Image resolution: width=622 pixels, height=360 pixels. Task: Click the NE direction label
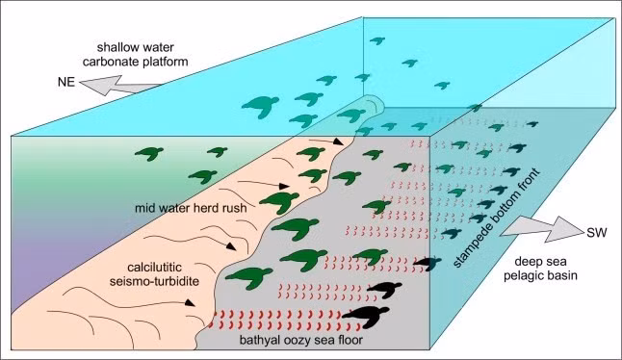[66, 82]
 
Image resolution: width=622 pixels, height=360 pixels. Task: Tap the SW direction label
[597, 233]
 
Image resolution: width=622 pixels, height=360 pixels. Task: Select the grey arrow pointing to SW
[542, 229]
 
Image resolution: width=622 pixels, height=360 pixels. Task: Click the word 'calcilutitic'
[154, 267]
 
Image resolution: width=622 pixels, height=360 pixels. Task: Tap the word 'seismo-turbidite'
[154, 281]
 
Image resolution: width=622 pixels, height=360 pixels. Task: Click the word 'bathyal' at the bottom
[258, 340]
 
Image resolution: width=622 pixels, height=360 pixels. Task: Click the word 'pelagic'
[523, 275]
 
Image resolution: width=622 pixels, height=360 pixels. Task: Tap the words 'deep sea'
[540, 261]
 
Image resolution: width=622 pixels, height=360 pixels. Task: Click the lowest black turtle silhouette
[365, 317]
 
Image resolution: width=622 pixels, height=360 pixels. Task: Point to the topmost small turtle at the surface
[377, 40]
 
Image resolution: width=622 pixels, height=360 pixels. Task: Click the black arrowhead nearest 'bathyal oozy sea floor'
[190, 303]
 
